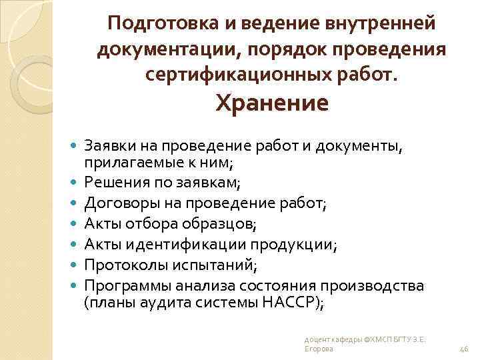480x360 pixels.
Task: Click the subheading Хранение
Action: click(271, 104)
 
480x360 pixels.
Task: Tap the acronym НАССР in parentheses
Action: click(293, 301)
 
